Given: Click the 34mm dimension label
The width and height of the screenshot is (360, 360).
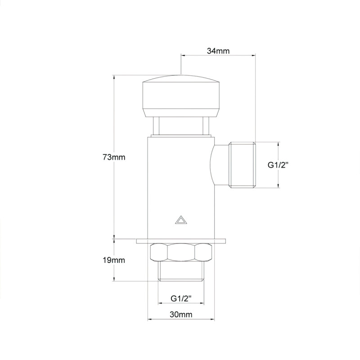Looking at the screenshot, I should (218, 51).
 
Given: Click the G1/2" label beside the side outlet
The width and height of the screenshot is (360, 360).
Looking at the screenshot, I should (278, 165).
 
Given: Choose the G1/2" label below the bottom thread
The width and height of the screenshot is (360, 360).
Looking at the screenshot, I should (181, 298).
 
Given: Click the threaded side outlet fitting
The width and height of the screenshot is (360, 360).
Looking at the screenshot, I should (243, 165).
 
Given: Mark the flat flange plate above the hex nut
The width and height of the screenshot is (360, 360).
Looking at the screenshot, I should (181, 241).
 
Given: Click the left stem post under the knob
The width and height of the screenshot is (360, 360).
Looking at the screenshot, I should (156, 126).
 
